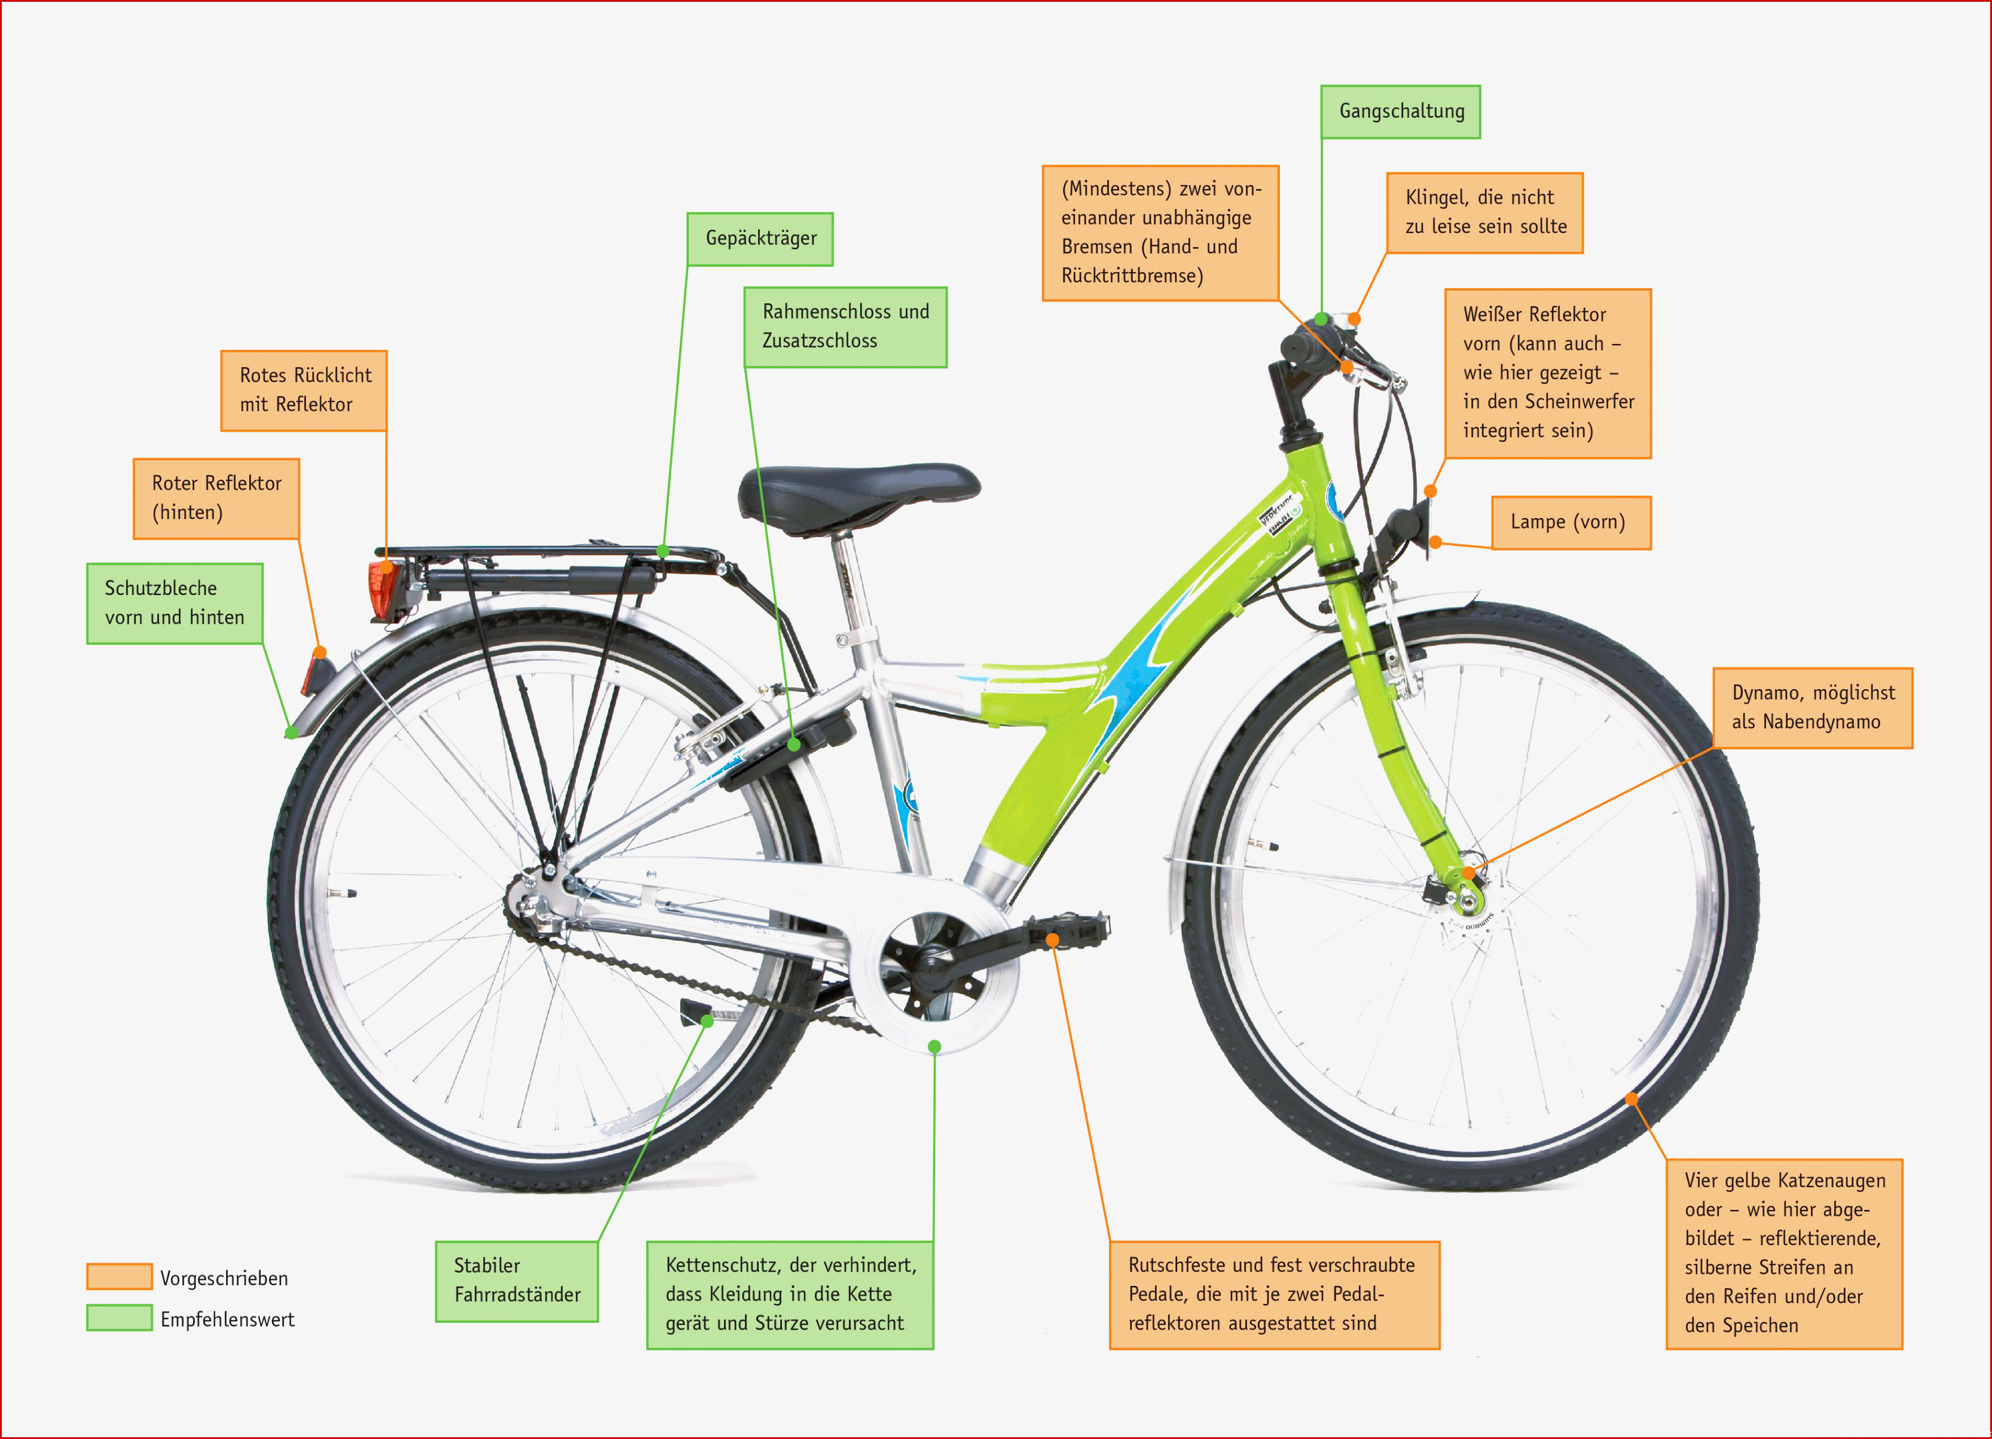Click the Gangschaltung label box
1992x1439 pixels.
(1400, 112)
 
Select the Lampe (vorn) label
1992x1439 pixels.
(1571, 523)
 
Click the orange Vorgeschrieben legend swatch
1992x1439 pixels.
(120, 1276)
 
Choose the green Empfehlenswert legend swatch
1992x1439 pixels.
(120, 1318)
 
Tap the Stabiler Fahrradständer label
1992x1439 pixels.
(517, 1281)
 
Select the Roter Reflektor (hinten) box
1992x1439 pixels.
(216, 498)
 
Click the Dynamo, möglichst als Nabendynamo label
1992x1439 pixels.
(1812, 708)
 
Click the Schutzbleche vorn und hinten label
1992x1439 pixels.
(175, 603)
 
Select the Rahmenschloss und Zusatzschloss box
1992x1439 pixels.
(845, 327)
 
